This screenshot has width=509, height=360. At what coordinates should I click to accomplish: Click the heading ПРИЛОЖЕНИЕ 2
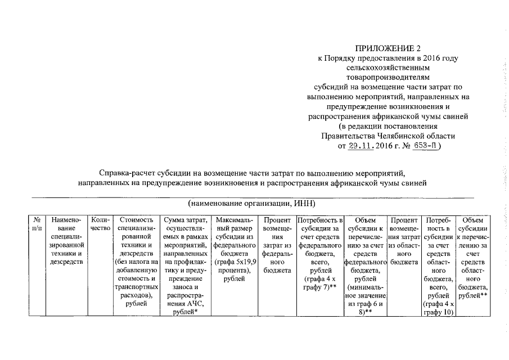[388, 48]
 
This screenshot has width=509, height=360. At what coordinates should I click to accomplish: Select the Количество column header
[100, 224]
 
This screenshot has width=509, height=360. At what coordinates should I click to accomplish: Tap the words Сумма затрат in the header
[184, 220]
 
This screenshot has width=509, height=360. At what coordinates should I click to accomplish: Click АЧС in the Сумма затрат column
[193, 304]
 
